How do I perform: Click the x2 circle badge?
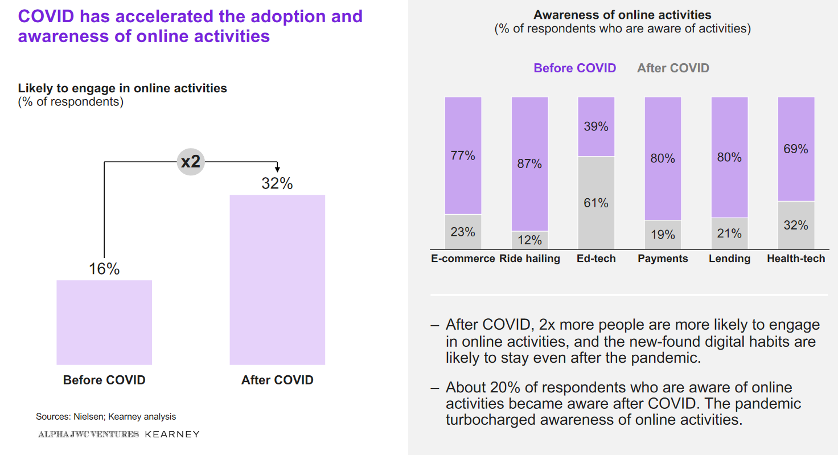point(190,162)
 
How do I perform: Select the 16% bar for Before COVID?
point(104,322)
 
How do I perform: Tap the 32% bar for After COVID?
point(277,279)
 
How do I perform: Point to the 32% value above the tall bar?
point(277,183)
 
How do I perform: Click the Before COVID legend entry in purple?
point(574,68)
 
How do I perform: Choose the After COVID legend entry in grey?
point(673,68)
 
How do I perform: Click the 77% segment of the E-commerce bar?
point(463,155)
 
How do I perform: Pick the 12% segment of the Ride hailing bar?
point(529,239)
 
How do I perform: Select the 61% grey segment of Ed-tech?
point(596,203)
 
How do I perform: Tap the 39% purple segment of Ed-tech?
point(596,126)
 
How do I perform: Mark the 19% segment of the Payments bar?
point(663,234)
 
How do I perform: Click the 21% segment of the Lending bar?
point(729,233)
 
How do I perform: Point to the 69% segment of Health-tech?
point(796,149)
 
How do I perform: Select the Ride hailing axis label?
point(529,259)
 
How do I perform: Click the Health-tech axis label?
point(796,259)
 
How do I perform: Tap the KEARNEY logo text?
point(172,434)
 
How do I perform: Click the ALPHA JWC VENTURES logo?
point(88,434)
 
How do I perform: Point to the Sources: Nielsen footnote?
point(106,417)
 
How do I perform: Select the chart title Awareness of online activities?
point(622,15)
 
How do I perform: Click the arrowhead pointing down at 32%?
point(277,169)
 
